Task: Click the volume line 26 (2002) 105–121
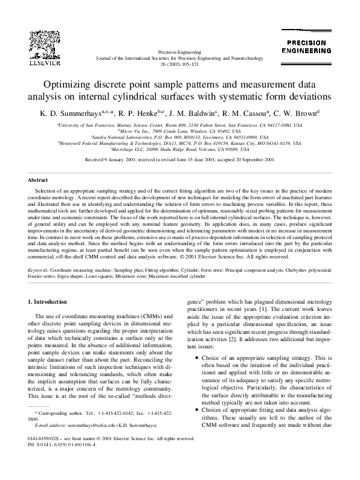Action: coord(181,63)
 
